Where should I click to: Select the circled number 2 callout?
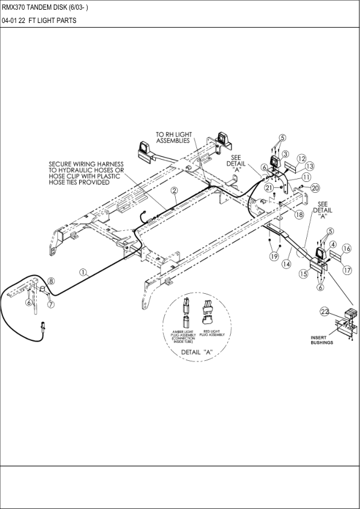click(173, 190)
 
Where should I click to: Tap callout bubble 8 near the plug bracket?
click(51, 281)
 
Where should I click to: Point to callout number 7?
click(51, 304)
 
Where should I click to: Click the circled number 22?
click(325, 311)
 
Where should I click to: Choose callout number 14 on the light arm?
click(287, 264)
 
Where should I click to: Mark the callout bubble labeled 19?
click(274, 256)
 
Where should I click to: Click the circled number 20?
click(315, 188)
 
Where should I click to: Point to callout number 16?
click(346, 248)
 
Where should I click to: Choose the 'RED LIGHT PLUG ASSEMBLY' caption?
click(212, 333)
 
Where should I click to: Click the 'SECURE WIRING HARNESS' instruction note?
click(86, 173)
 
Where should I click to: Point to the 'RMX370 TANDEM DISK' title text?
click(45, 7)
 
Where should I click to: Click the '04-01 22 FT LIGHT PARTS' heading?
click(39, 21)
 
